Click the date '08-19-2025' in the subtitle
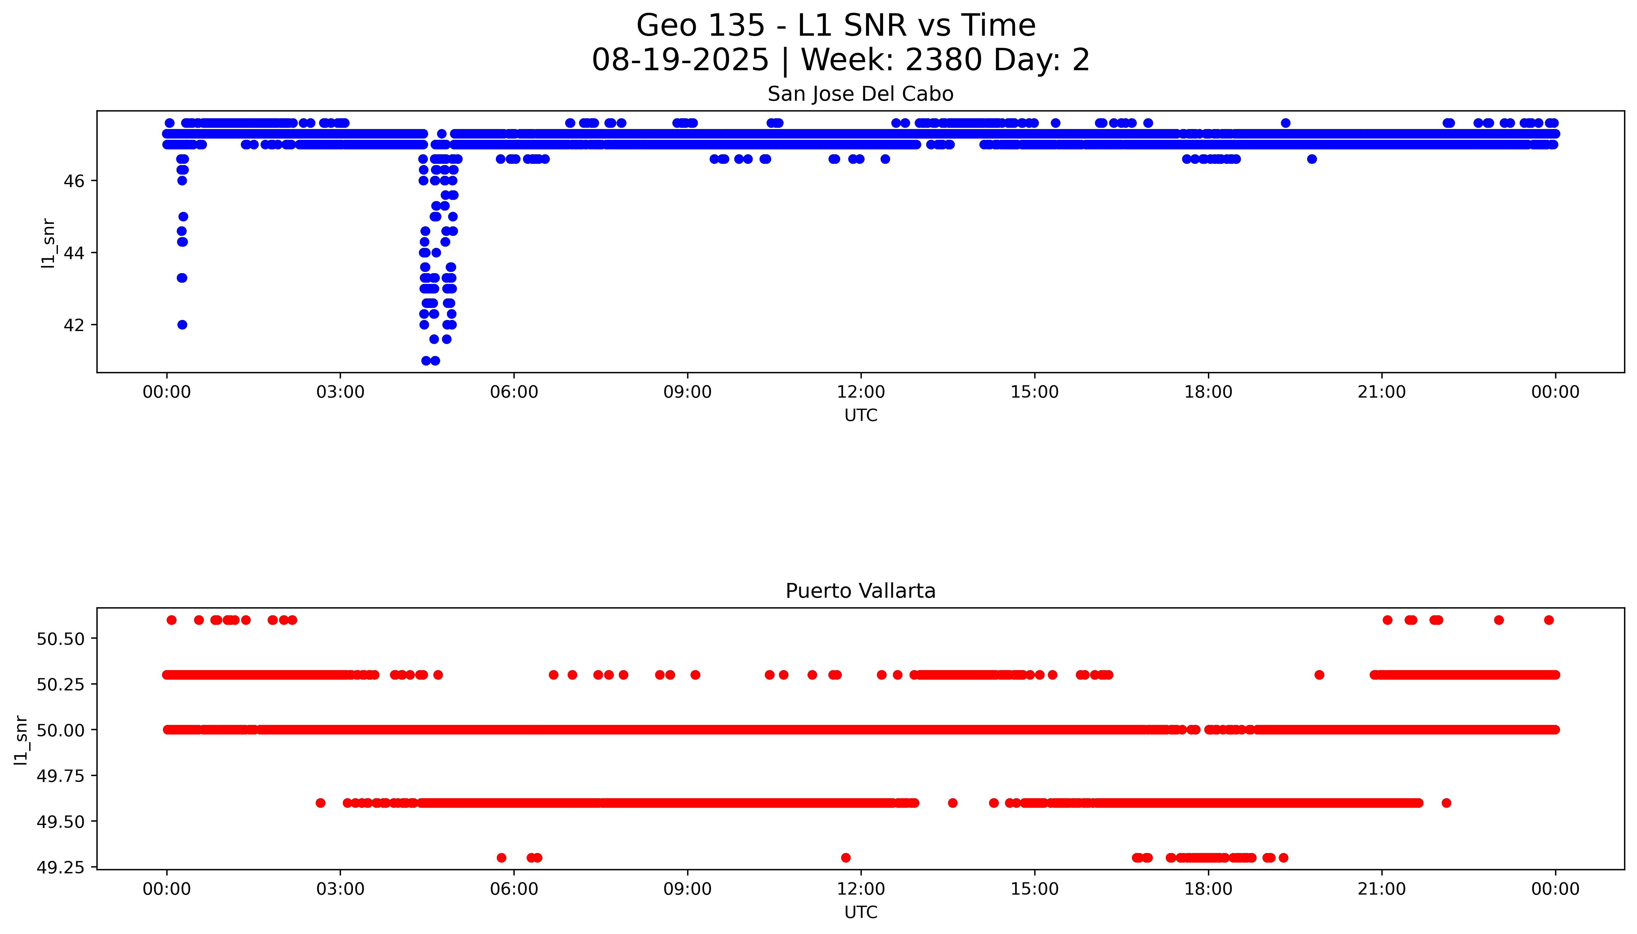pyautogui.click(x=680, y=60)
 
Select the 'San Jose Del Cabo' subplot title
pyautogui.click(x=860, y=94)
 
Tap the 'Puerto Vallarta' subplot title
pyautogui.click(x=860, y=591)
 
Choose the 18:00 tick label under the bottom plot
pyautogui.click(x=1208, y=889)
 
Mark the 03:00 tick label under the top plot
pyautogui.click(x=340, y=392)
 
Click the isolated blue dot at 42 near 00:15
pyautogui.click(x=182, y=325)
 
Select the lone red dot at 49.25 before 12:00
pyautogui.click(x=845, y=858)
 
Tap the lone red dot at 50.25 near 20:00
pyautogui.click(x=1319, y=675)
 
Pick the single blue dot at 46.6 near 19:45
pyautogui.click(x=1312, y=159)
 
